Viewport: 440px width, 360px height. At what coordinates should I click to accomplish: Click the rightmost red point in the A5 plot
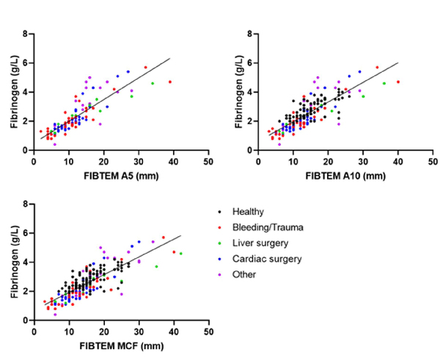pos(169,82)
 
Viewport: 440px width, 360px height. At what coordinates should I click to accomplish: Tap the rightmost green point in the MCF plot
pos(180,254)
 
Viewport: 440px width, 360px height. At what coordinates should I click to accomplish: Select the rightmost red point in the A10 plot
pos(398,82)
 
